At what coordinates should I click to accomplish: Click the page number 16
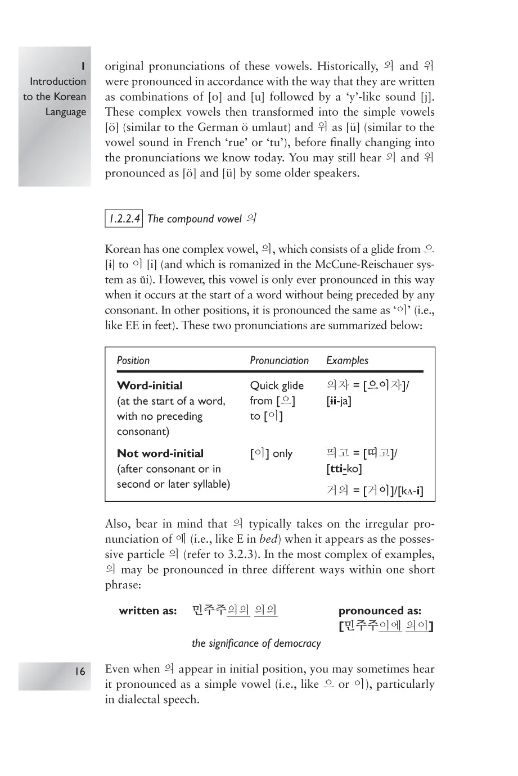point(80,671)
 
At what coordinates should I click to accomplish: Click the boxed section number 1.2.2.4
point(124,219)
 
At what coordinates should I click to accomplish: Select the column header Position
point(133,361)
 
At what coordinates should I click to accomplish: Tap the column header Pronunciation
point(280,361)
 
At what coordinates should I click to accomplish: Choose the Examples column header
point(348,361)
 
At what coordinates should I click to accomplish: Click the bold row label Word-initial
point(150,385)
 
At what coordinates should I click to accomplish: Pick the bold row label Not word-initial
point(160,453)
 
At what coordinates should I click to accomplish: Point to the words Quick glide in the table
point(277,385)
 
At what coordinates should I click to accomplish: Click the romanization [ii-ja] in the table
point(339,401)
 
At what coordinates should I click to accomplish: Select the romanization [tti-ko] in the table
point(344,469)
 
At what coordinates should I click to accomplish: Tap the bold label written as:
point(148,611)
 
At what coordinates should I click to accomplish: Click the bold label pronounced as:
point(380,611)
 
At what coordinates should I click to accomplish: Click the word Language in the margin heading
point(66,112)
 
